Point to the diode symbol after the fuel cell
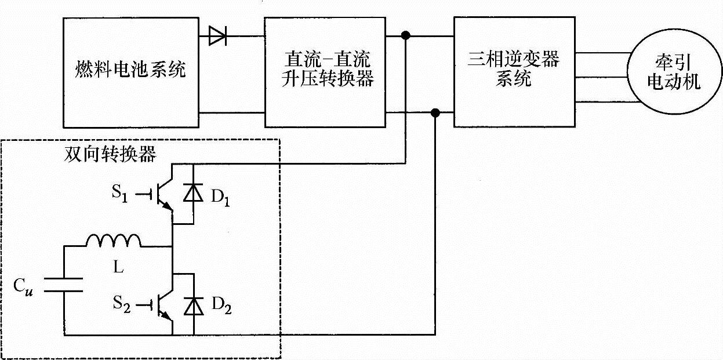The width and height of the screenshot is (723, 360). click(217, 38)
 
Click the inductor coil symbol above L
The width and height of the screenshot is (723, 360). click(114, 241)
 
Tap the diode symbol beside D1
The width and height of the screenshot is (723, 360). click(193, 194)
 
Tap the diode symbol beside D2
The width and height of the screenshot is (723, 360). click(193, 305)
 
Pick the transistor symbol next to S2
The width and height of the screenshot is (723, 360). click(164, 305)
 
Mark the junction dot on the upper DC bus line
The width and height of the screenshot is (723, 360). click(406, 37)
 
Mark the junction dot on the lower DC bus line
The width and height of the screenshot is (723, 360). click(436, 112)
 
